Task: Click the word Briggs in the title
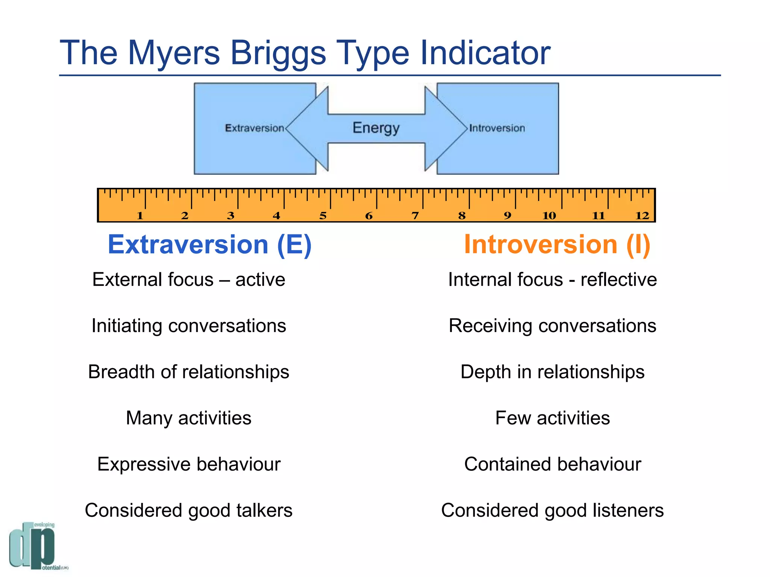tap(277, 53)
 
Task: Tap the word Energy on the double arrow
tap(376, 128)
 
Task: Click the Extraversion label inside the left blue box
tap(255, 128)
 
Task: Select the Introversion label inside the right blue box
tap(497, 128)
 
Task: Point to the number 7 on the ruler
tap(415, 216)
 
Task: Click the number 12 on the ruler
tap(642, 216)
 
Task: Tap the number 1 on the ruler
tap(140, 216)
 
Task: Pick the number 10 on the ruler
tap(549, 216)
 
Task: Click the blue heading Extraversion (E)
tap(209, 245)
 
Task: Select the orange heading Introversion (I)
tap(557, 245)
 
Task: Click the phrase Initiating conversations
tap(189, 326)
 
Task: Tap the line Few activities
tap(552, 418)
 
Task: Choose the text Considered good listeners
tap(552, 510)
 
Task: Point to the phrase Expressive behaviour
tap(189, 464)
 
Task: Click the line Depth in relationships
tap(552, 372)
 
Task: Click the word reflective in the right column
tap(618, 279)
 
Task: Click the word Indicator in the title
tap(485, 53)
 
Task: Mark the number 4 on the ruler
tap(276, 216)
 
